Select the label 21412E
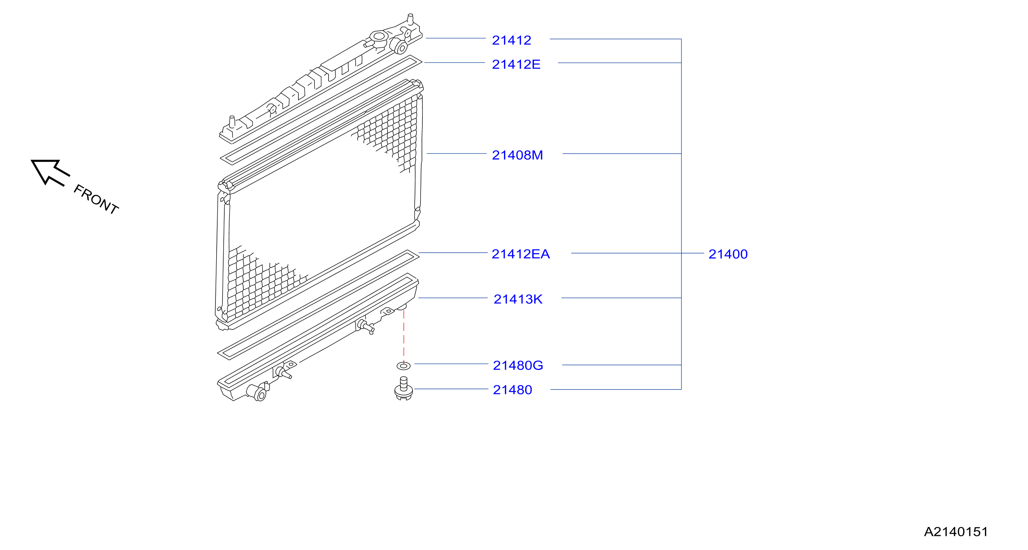tap(516, 64)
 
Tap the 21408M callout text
tap(517, 155)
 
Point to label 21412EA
tap(520, 254)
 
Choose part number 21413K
tap(518, 299)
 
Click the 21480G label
tap(518, 365)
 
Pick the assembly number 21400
tap(728, 254)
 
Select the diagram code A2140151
tap(956, 531)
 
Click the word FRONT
tap(96, 199)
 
